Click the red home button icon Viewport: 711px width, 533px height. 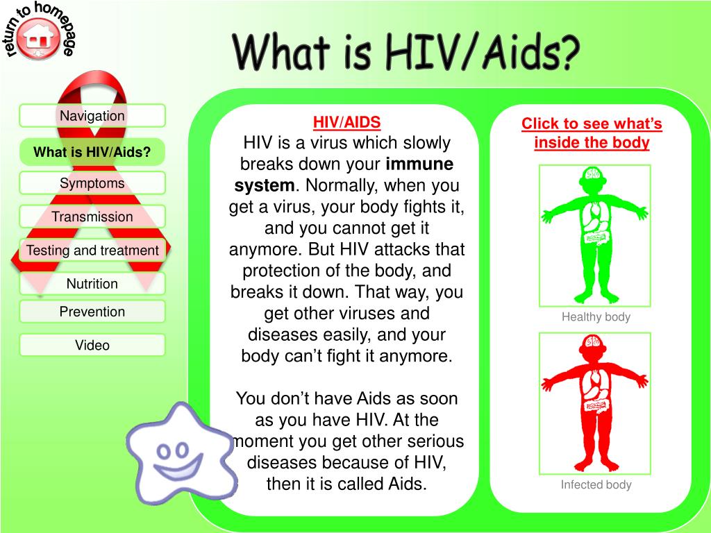tap(39, 39)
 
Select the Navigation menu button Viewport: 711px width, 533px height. tap(92, 116)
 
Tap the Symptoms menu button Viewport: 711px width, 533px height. tap(92, 183)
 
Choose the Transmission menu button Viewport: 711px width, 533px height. tap(92, 217)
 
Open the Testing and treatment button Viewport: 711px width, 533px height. tap(92, 250)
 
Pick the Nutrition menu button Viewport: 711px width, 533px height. tap(92, 284)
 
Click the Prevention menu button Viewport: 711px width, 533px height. tap(92, 312)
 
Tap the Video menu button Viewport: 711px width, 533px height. tap(92, 345)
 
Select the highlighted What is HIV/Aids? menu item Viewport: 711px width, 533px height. tap(92, 152)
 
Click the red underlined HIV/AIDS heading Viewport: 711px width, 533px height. tap(347, 122)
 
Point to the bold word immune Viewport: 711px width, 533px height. tap(419, 164)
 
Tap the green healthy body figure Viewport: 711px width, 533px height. tap(595, 235)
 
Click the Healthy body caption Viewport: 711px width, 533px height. tap(596, 316)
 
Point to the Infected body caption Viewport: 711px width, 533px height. tap(596, 484)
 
